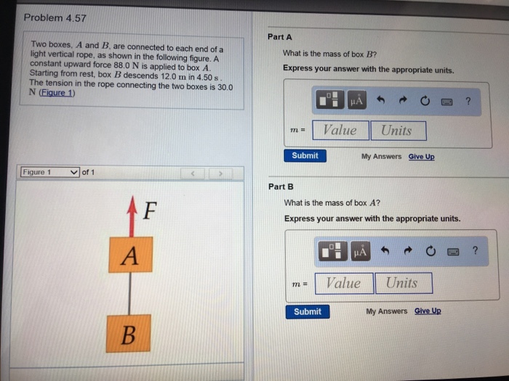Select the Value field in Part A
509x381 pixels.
tap(340, 131)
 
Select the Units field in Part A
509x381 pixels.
tap(397, 131)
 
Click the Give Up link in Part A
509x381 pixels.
tap(421, 156)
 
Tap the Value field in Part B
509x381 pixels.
tap(342, 283)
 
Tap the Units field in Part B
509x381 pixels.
tap(402, 283)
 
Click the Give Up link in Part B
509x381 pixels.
tap(428, 311)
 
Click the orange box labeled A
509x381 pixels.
tap(130, 255)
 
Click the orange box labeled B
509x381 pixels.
tap(128, 334)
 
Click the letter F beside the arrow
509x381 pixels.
tap(149, 211)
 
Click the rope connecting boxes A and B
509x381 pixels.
tap(129, 293)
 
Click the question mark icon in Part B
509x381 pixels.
tap(475, 251)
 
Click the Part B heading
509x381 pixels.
tap(281, 187)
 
